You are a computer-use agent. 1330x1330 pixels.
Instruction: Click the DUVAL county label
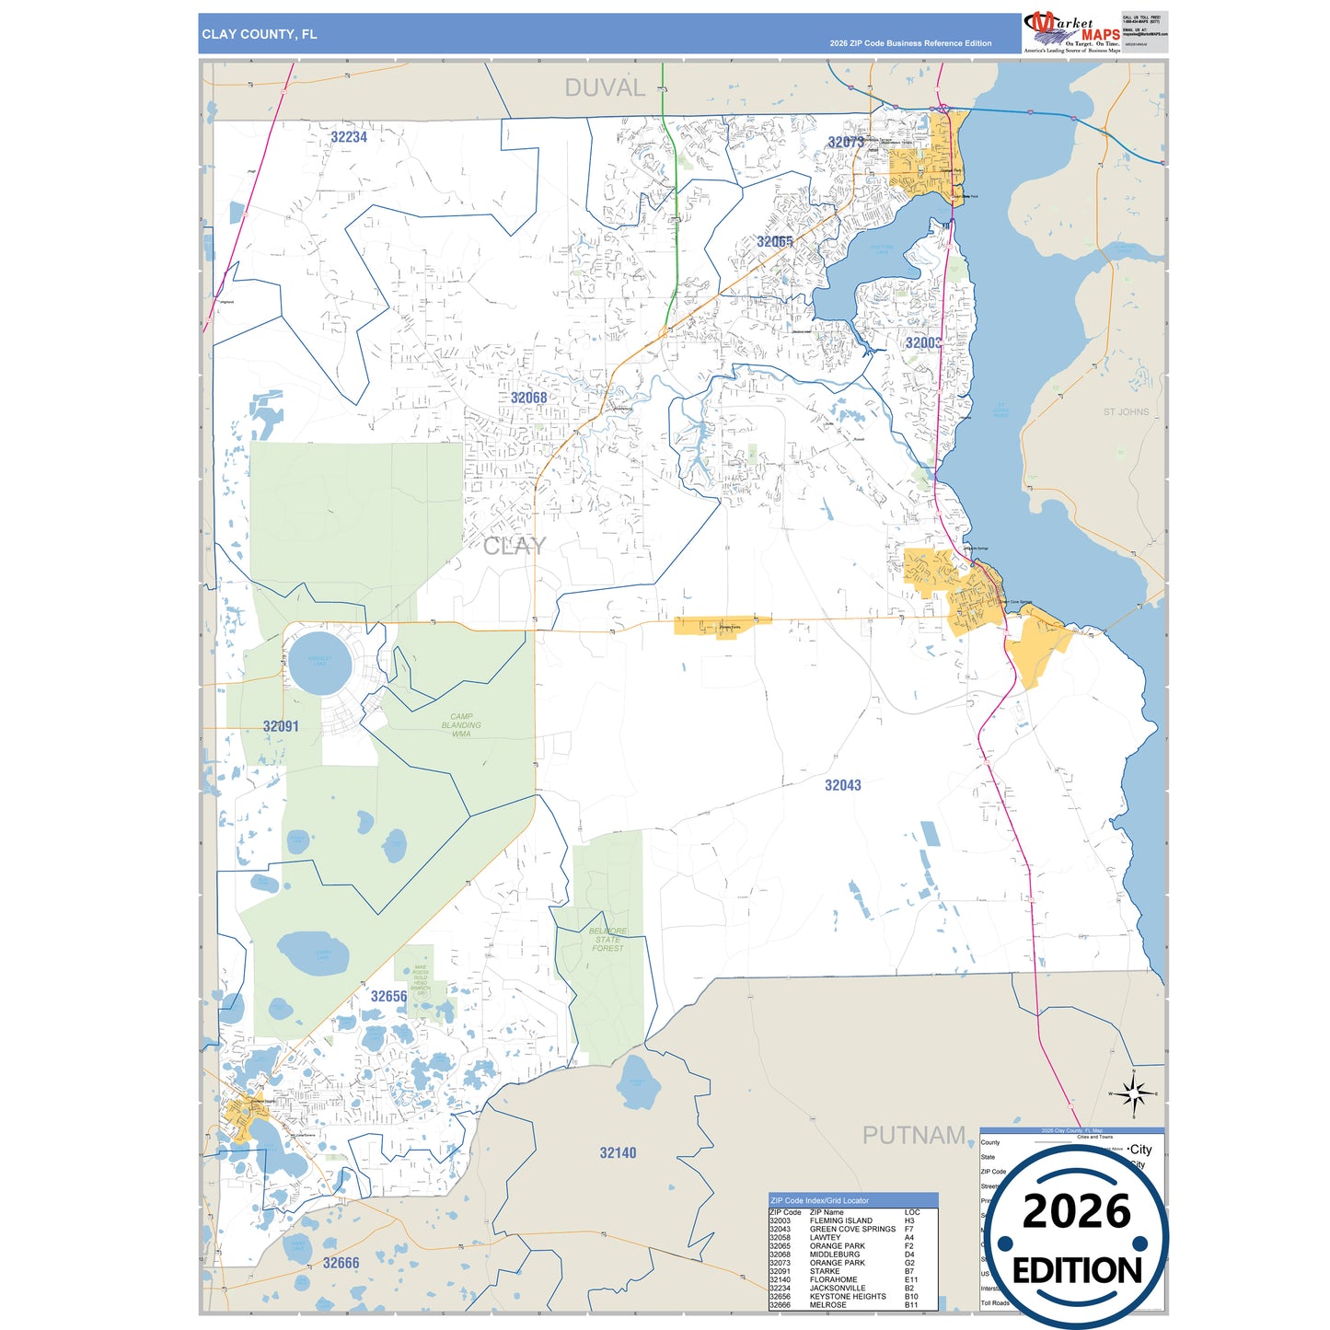coord(605,88)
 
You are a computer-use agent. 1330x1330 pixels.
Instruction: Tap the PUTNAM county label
coord(913,1136)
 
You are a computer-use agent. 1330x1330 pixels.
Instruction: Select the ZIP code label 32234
coord(349,137)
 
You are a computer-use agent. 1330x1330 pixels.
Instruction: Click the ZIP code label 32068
coord(528,398)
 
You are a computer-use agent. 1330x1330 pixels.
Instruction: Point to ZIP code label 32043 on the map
coord(842,785)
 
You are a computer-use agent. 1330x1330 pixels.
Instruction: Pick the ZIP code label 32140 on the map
coord(618,1152)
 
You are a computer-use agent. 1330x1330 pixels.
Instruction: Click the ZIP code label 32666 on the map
coord(341,1263)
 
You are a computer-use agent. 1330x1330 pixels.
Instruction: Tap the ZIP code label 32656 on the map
coord(388,996)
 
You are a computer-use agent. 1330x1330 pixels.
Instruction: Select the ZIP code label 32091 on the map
coord(281,726)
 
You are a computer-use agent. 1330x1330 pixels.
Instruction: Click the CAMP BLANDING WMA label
coord(461,725)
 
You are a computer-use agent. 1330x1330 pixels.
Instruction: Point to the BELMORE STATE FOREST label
coord(607,939)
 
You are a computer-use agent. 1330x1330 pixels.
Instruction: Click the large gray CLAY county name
coord(515,546)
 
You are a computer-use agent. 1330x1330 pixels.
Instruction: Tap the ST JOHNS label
coord(1126,411)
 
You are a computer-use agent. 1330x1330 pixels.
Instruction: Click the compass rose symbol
coord(1134,1093)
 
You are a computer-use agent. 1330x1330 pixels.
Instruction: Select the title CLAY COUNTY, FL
coord(260,34)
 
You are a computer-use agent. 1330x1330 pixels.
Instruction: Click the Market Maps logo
coord(1071,33)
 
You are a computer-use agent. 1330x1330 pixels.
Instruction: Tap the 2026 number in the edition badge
coord(1076,1211)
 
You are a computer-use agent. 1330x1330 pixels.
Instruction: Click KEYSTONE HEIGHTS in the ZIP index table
coord(848,1296)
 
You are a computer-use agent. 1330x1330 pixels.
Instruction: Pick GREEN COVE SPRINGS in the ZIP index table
coord(852,1229)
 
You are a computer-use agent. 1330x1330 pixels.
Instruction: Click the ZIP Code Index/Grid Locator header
coord(819,1200)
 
